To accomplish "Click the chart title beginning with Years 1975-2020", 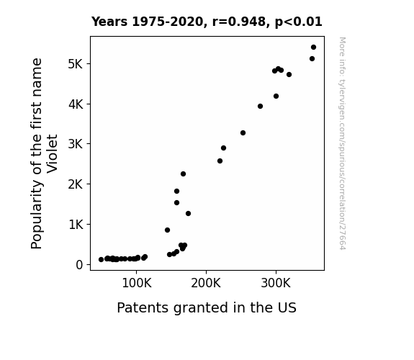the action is pos(207,22).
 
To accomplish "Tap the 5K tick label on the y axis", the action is pos(76,64).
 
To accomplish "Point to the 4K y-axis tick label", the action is pos(76,104).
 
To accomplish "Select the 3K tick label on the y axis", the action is pos(76,144).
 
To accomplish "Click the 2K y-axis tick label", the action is pos(76,184).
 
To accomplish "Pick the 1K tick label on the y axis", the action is pos(76,225).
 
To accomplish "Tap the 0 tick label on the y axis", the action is pos(79,265).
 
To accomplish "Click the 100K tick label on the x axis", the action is pos(137,283).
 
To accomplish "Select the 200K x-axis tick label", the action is pos(206,283).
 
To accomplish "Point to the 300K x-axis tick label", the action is pos(276,283).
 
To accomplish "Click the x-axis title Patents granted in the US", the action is pos(207,308).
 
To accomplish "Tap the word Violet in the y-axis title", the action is pos(53,153).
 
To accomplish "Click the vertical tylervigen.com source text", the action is pos(342,143).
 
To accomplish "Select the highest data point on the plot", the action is pos(313,48).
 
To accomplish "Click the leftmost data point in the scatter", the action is pos(101,260).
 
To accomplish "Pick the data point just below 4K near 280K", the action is pos(260,106).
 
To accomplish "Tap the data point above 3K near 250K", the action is pos(243,133).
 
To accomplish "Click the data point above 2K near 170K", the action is pos(183,174).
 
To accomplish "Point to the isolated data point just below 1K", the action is pos(167,230).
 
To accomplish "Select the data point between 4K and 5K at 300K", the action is pos(276,96).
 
